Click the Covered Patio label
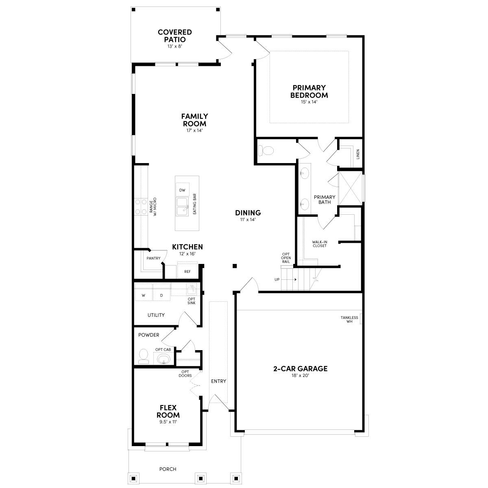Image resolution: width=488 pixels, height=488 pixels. click(x=175, y=36)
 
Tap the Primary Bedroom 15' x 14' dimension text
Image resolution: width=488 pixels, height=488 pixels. click(x=309, y=102)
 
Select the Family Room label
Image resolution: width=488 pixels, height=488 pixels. click(x=194, y=120)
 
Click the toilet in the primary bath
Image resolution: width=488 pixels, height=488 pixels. click(x=267, y=151)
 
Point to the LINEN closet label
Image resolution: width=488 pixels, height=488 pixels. click(x=358, y=154)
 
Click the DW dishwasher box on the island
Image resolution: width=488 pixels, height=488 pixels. click(x=182, y=190)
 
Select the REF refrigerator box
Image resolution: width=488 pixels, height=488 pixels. click(x=187, y=271)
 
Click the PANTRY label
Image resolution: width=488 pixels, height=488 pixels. click(x=153, y=258)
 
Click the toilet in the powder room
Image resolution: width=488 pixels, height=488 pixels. click(x=143, y=356)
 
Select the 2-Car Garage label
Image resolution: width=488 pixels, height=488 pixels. click(x=300, y=369)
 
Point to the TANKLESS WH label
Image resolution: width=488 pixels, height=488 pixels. click(x=349, y=319)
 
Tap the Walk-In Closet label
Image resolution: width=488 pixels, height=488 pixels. click(x=319, y=244)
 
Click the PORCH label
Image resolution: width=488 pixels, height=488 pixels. click(x=168, y=469)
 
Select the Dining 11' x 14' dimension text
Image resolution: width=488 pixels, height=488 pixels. click(x=248, y=220)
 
